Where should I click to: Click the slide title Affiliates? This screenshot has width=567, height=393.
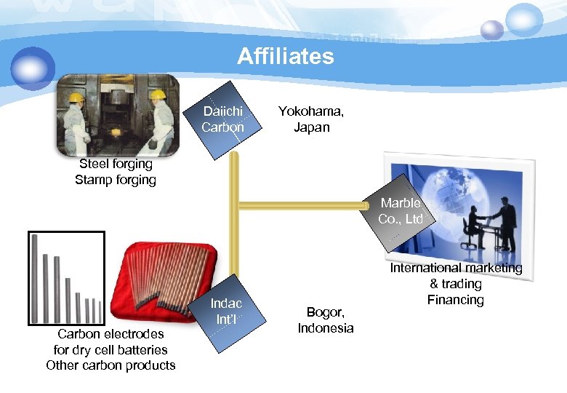[285, 56]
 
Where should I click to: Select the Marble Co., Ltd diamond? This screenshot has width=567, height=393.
[401, 211]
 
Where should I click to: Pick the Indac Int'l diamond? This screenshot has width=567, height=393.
[226, 312]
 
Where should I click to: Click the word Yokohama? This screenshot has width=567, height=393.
[311, 112]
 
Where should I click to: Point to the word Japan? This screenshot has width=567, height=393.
[311, 127]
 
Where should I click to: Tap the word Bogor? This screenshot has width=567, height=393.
[326, 312]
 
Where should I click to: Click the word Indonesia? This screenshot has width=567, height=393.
[326, 327]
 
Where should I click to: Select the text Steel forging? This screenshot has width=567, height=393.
[116, 164]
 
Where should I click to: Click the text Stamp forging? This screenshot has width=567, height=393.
[116, 179]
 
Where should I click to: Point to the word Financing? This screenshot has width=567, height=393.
[456, 299]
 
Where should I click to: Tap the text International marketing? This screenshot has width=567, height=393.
[456, 268]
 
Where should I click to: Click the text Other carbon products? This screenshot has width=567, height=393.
[110, 365]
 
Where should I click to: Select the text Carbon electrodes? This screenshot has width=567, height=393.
[110, 334]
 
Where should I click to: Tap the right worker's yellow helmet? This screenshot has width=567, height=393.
[158, 95]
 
